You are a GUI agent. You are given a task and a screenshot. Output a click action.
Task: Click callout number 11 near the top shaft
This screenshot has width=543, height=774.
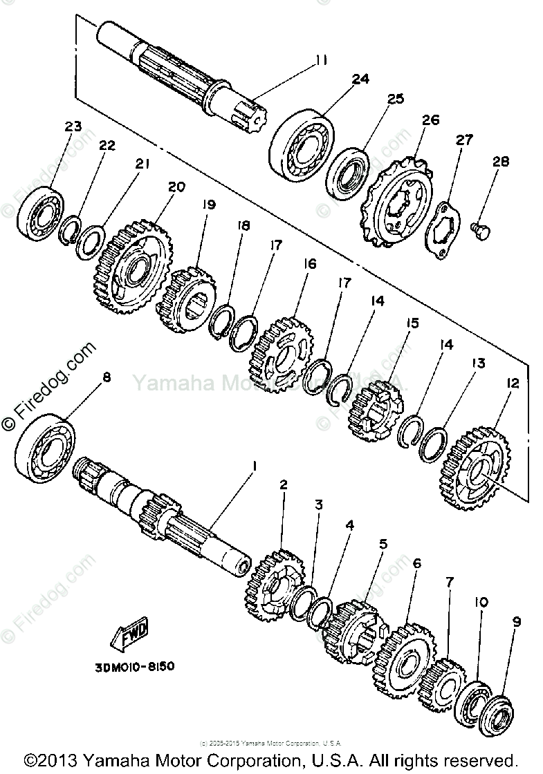tap(319, 60)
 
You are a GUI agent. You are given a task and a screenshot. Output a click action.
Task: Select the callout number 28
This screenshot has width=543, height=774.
tap(500, 162)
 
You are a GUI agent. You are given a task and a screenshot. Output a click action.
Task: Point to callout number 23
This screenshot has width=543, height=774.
tap(73, 126)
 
